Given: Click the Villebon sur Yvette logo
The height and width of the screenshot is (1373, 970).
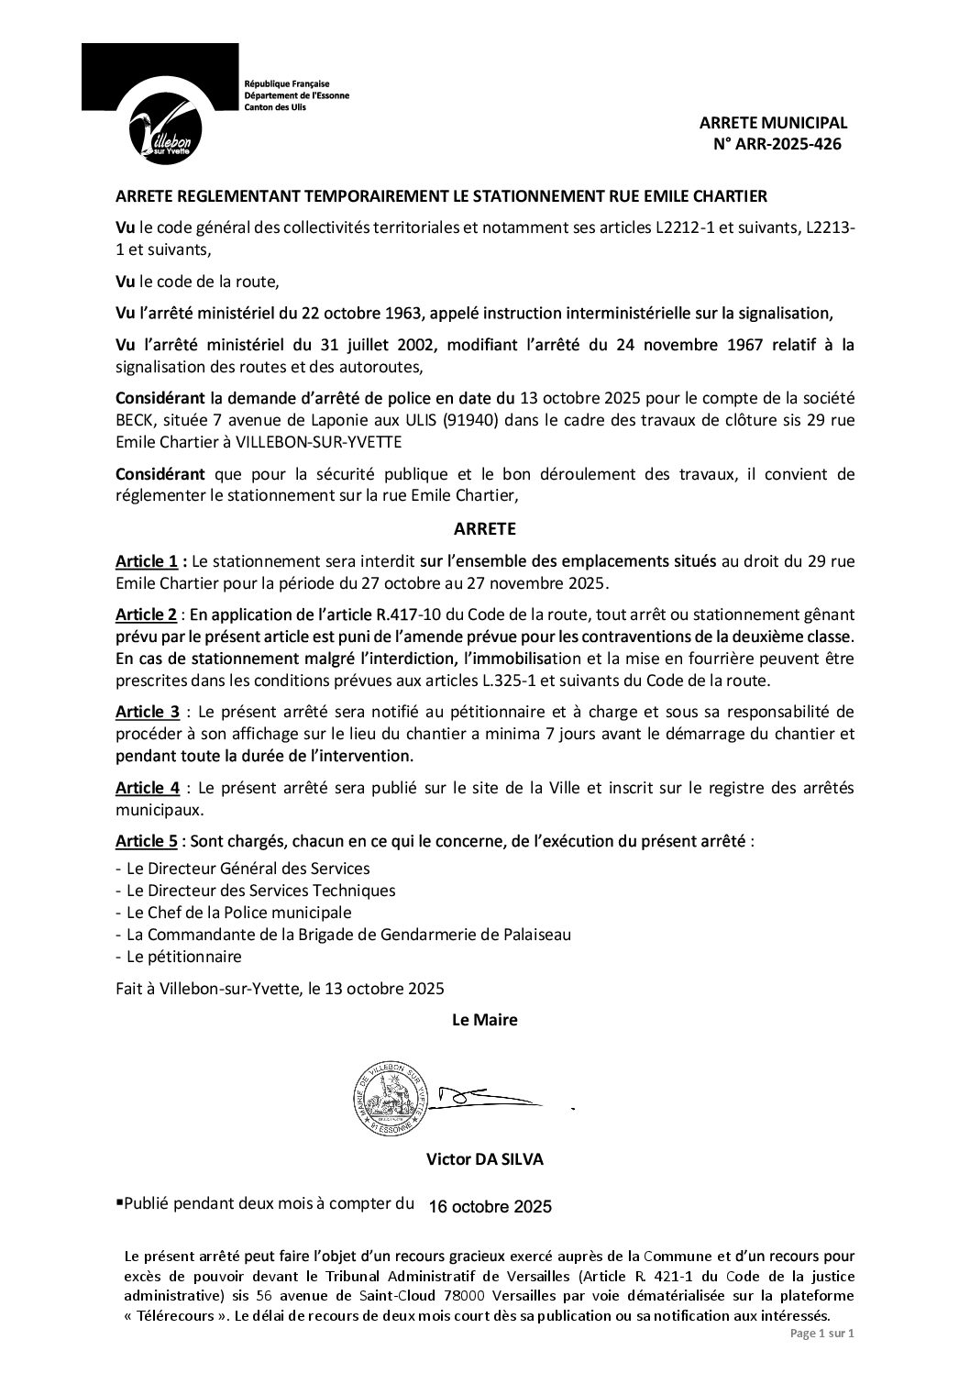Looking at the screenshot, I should click(160, 110).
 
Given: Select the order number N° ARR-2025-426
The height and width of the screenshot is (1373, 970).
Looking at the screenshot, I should click(777, 143).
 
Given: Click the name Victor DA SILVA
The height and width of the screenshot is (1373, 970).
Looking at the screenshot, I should click(484, 1158).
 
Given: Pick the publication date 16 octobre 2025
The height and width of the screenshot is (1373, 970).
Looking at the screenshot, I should click(490, 1207).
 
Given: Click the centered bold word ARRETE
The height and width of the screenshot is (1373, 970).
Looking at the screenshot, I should click(485, 528).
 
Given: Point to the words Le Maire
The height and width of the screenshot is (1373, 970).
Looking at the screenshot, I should click(484, 1019).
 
